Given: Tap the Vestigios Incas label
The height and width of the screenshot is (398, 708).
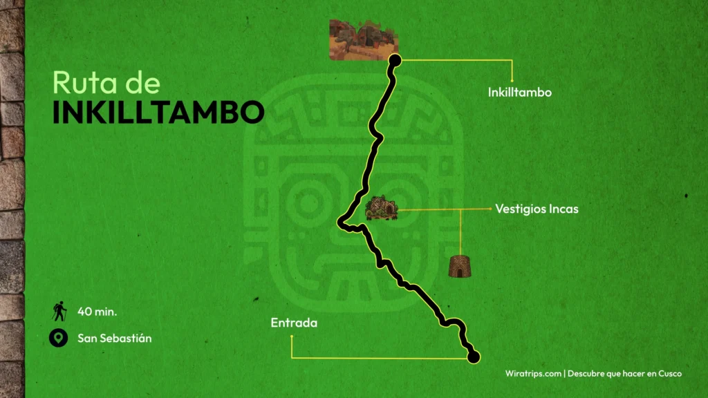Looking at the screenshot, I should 537,208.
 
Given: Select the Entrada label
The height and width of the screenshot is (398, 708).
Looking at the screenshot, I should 294,323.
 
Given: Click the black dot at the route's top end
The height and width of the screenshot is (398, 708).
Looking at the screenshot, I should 395,61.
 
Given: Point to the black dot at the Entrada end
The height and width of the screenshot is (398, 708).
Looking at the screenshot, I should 474,357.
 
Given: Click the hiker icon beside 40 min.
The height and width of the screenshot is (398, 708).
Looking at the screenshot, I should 59,312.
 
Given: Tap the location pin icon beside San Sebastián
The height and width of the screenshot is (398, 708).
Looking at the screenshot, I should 59,339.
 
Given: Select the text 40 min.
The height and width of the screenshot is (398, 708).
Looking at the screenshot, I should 97,312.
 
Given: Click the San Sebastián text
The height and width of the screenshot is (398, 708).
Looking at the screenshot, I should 115,339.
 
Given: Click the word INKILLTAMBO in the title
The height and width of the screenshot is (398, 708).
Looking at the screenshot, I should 158,113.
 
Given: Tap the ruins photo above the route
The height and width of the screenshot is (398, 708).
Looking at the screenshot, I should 363,39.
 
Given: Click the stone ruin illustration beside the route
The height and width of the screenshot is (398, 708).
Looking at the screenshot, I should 380,208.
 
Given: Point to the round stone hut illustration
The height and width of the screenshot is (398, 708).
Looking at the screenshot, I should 459,265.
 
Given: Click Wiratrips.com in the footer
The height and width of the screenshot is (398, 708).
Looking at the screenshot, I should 533,373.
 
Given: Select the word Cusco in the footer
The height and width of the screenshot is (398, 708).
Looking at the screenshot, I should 669,373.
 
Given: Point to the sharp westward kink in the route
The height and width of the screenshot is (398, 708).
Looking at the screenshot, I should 341,222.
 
